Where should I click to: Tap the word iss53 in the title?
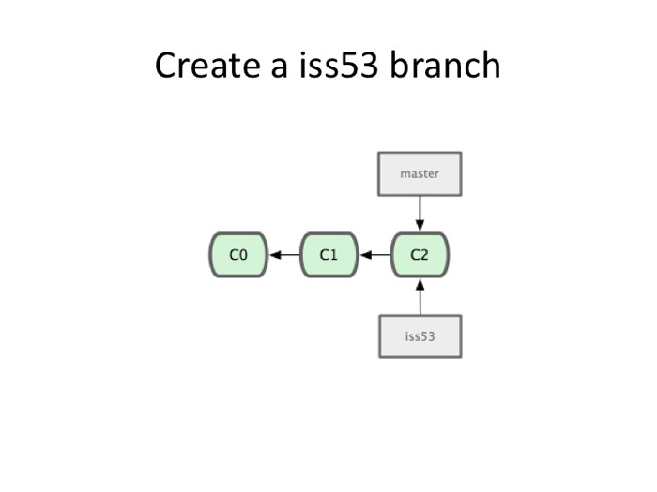coord(339,65)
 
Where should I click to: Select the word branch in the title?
coord(445,65)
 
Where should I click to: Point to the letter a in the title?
coord(279,69)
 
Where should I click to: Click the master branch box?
coord(420,173)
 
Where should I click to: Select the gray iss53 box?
coord(420,336)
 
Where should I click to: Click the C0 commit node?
coord(238,255)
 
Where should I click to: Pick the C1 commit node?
coord(328,255)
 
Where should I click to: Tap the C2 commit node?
coord(420,255)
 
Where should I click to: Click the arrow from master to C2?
coord(420,214)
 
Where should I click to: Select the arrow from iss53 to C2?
coord(420,297)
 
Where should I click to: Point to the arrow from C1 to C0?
coord(284,255)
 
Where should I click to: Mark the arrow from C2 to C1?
coord(375,255)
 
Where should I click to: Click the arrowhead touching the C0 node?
coord(275,255)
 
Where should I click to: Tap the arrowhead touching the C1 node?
coord(365,255)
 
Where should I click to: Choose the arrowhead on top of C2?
coord(420,225)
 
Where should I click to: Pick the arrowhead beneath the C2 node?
coord(420,285)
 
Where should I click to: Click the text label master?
coord(420,173)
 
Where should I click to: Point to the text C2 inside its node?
coord(420,254)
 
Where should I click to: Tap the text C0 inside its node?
coord(238,254)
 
